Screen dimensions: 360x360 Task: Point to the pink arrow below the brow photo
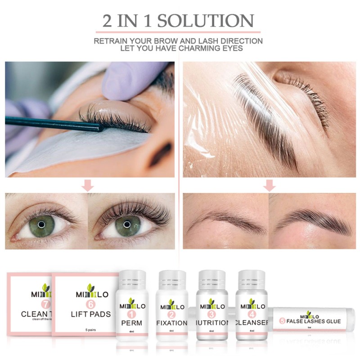coord(269,185)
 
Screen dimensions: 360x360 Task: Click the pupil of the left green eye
coord(41,224)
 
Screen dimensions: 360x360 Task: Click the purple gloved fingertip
coord(118,83)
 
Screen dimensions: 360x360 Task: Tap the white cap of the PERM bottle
coord(131,280)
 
